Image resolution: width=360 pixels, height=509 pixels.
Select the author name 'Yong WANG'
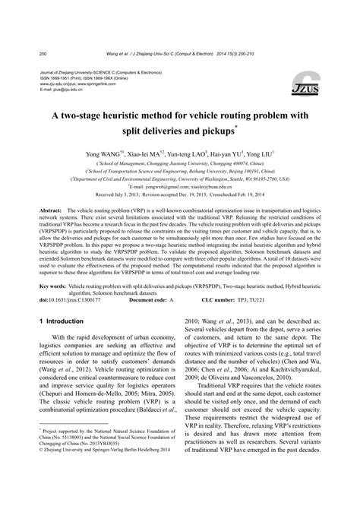(103, 153)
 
